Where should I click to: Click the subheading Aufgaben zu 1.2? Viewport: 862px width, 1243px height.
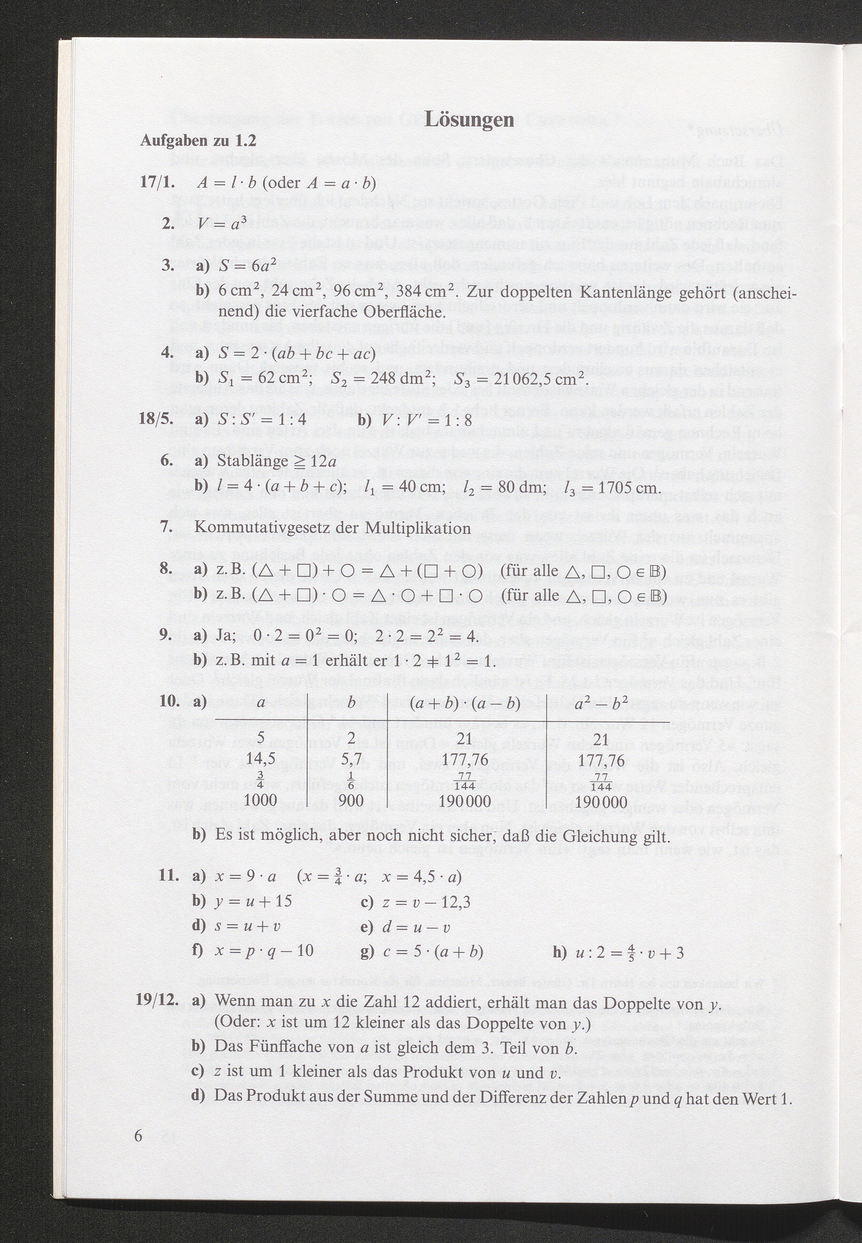pyautogui.click(x=198, y=141)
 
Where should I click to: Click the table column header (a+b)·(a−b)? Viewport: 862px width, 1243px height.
pyautogui.click(x=465, y=703)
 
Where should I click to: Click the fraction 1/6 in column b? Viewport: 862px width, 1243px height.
pyautogui.click(x=351, y=779)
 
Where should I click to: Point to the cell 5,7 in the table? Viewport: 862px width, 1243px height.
pyautogui.click(x=351, y=759)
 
